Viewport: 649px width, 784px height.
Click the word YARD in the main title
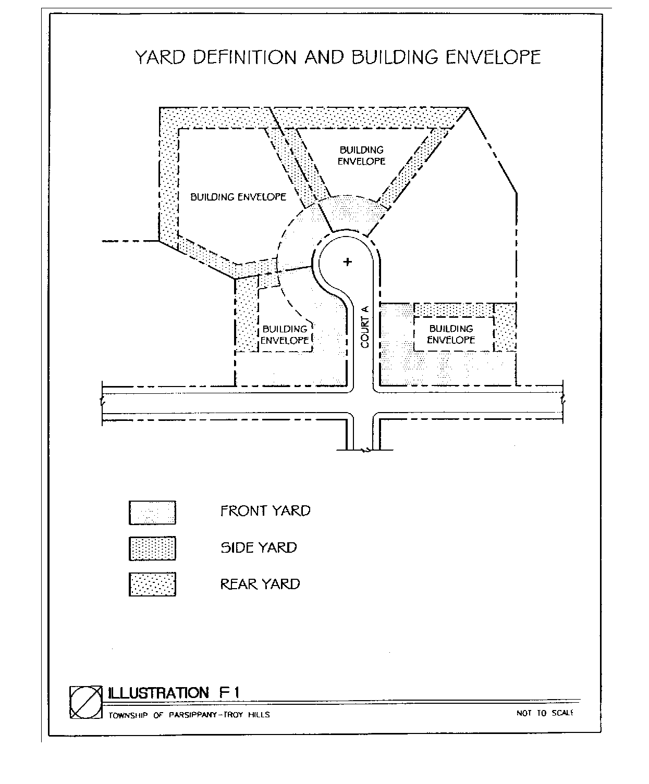pyautogui.click(x=160, y=57)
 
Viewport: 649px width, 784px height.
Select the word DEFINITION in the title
pyautogui.click(x=245, y=57)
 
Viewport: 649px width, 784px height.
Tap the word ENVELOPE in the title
pyautogui.click(x=493, y=57)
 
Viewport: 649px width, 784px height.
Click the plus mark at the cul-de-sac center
pyautogui.click(x=348, y=262)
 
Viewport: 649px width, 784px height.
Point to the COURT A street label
pyautogui.click(x=365, y=327)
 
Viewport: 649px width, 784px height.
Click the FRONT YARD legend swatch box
pyautogui.click(x=152, y=513)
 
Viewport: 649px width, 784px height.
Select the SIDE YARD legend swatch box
pyautogui.click(x=152, y=549)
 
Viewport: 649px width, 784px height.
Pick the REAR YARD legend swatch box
pyautogui.click(x=152, y=584)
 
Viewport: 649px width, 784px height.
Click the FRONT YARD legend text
pyautogui.click(x=265, y=511)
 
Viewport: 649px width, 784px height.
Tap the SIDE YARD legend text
pyautogui.click(x=259, y=547)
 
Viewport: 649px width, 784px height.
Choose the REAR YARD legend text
pyautogui.click(x=260, y=584)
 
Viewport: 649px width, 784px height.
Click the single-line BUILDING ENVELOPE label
pyautogui.click(x=238, y=197)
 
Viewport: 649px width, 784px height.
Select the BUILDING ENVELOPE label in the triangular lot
pyautogui.click(x=362, y=156)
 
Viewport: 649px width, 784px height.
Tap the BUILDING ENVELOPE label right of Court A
pyautogui.click(x=451, y=334)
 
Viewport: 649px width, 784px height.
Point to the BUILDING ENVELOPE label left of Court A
pyautogui.click(x=285, y=334)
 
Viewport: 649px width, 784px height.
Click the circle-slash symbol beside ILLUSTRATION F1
pyautogui.click(x=86, y=702)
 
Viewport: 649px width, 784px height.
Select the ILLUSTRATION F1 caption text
pyautogui.click(x=174, y=693)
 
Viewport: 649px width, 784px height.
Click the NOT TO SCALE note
pyautogui.click(x=545, y=713)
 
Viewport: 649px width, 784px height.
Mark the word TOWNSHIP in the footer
pyautogui.click(x=128, y=715)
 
